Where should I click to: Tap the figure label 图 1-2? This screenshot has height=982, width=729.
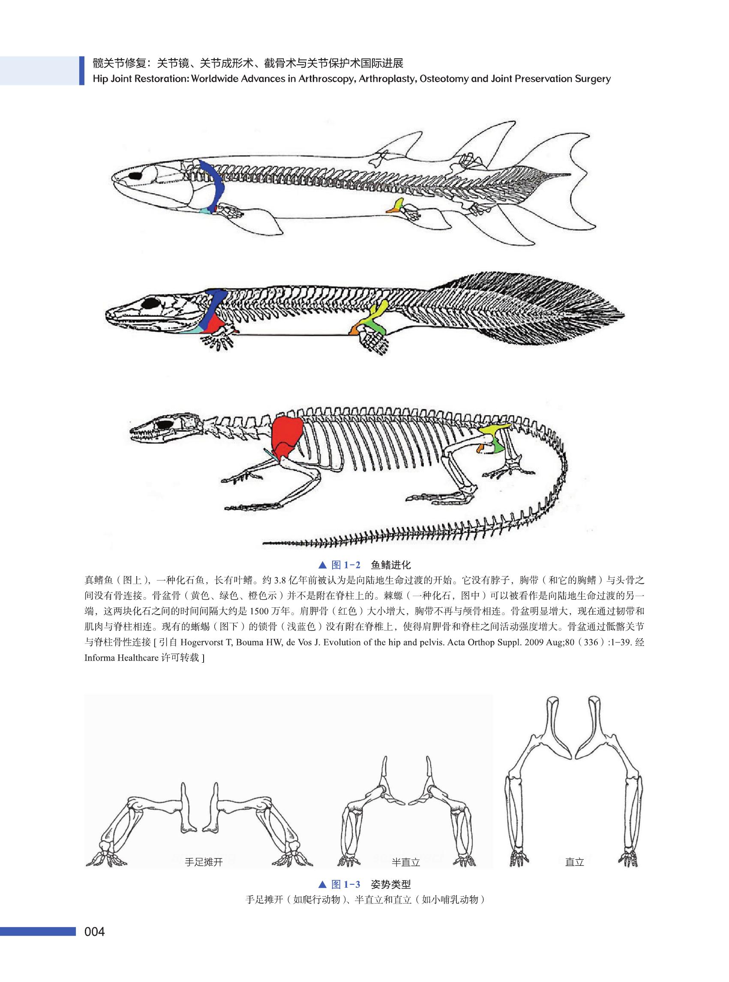[345, 565]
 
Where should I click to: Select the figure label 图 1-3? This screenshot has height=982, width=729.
[345, 884]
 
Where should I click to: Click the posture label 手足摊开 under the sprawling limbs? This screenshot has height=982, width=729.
[204, 862]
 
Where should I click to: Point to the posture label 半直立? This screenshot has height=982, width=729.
[405, 862]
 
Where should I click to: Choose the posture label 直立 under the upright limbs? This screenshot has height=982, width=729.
[574, 862]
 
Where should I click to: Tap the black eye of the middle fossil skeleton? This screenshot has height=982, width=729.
[150, 303]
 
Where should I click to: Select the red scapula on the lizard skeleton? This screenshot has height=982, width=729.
[286, 435]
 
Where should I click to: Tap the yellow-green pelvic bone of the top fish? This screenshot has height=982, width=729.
[399, 204]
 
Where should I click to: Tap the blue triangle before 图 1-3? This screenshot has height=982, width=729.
[322, 884]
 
